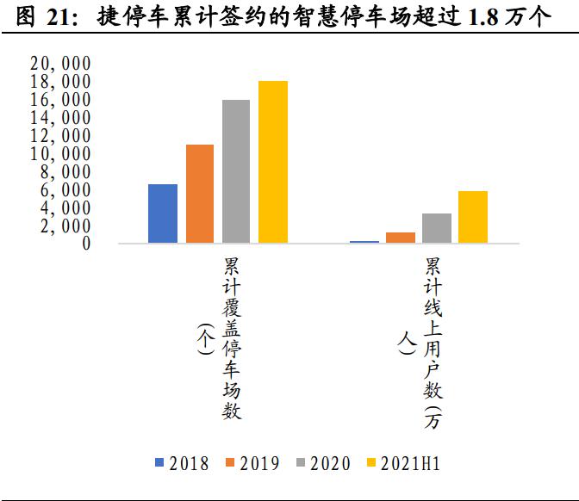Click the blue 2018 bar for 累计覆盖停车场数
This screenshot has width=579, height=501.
(x=163, y=213)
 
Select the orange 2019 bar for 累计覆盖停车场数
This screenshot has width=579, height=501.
(x=200, y=194)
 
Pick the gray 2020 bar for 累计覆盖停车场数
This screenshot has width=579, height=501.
(x=236, y=171)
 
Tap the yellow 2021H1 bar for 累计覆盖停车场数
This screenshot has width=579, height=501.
(x=273, y=162)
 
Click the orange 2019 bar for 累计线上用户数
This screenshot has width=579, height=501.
(x=401, y=238)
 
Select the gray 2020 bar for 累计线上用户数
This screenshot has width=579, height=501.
(x=437, y=228)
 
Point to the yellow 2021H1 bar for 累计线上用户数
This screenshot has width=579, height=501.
(x=473, y=217)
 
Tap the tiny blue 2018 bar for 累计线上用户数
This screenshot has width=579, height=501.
(x=364, y=242)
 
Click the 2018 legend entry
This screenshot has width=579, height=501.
(x=182, y=463)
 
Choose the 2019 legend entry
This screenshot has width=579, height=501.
(x=252, y=463)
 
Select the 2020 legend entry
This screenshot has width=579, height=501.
(x=323, y=463)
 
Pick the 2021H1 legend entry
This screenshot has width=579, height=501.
(x=403, y=463)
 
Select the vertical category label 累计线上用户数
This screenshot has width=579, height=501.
(x=432, y=344)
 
